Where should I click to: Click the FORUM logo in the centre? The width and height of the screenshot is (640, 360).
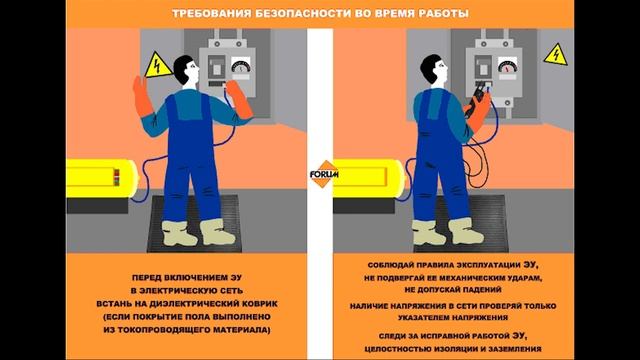point(324,174)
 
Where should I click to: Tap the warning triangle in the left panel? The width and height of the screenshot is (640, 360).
point(157,66)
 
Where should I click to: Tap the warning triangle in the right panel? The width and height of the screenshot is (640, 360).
point(556,56)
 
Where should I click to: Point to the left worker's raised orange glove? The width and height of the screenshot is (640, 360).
point(142,96)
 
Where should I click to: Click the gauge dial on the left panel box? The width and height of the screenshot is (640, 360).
point(241,65)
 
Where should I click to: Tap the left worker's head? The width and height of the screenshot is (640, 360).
point(186,69)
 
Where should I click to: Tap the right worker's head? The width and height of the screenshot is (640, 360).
point(433,69)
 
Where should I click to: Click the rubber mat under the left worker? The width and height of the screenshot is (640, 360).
point(194,224)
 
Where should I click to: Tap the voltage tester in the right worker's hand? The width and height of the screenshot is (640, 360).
point(476,99)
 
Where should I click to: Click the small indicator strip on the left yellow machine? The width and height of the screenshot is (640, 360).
point(116,178)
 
